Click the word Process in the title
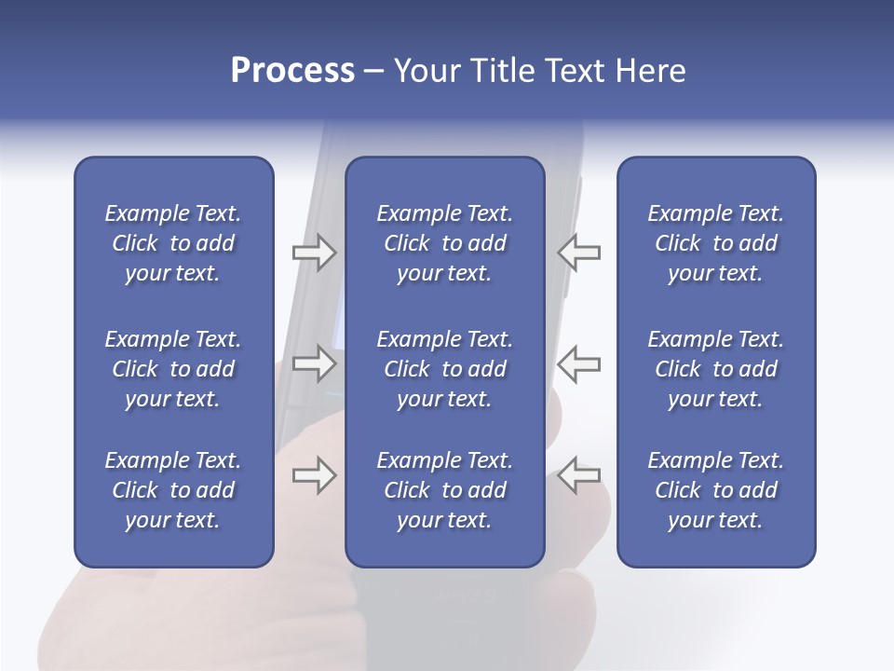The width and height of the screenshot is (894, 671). tap(292, 71)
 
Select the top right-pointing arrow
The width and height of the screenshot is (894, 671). tap(314, 253)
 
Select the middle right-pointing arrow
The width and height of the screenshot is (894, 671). tap(314, 363)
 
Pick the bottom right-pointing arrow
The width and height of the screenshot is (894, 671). tap(314, 475)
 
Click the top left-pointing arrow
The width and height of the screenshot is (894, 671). tap(579, 253)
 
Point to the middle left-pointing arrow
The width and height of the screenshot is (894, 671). tap(579, 363)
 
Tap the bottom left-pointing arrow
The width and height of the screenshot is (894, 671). tap(579, 475)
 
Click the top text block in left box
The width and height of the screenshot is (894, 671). tap(173, 243)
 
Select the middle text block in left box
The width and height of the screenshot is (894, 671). tap(173, 369)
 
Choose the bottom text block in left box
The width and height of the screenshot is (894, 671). tap(173, 490)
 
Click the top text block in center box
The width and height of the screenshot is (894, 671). tap(444, 243)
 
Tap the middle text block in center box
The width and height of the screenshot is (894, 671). tap(444, 369)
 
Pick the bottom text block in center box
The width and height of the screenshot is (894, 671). tap(444, 490)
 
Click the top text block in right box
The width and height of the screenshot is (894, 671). tap(715, 243)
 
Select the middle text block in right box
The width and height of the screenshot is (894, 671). tap(715, 369)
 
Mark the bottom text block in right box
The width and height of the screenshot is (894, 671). tap(715, 490)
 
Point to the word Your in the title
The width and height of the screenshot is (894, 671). tap(427, 71)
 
